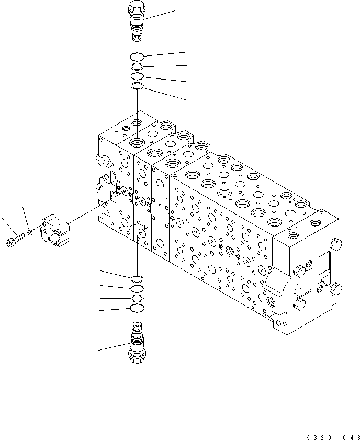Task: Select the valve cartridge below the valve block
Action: [x=136, y=342]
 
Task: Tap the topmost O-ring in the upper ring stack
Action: [x=137, y=57]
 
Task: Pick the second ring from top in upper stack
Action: [x=136, y=67]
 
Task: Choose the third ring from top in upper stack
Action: [x=136, y=76]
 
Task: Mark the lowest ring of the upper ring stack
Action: [x=136, y=86]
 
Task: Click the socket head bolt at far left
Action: [x=14, y=241]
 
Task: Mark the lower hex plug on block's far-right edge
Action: [x=336, y=288]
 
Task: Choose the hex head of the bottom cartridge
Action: [x=136, y=357]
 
